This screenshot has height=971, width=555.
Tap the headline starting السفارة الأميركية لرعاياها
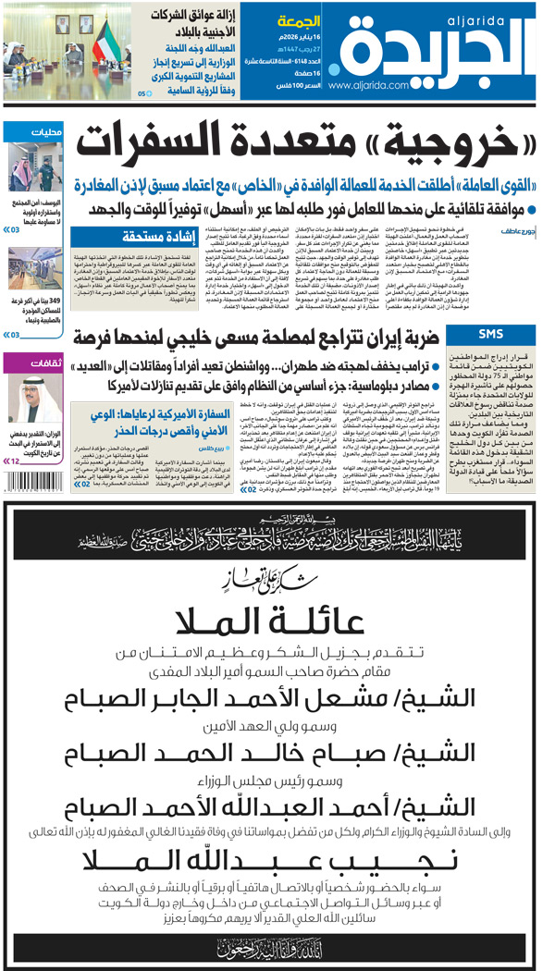point(169,414)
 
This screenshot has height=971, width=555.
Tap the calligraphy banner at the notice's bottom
point(277,944)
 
